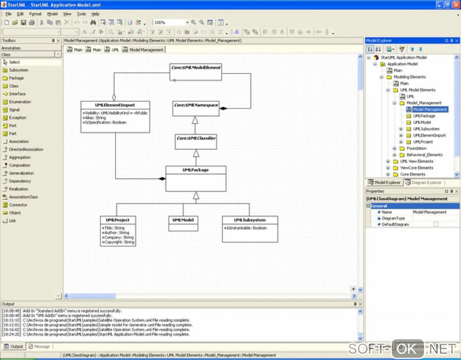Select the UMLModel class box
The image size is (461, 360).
tap(183, 220)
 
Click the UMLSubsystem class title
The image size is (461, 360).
tap(249, 220)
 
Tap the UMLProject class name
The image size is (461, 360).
tap(118, 220)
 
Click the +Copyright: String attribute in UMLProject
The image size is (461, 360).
tap(118, 242)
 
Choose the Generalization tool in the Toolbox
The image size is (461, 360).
tap(21, 173)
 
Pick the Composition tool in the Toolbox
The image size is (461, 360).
tap(20, 166)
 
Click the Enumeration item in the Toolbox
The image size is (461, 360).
tap(20, 102)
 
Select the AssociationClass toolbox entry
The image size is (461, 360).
tap(24, 197)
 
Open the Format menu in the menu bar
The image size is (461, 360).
tap(35, 14)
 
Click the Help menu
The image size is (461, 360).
tap(95, 14)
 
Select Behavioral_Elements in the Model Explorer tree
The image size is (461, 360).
tap(424, 155)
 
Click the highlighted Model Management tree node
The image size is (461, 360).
tap(430, 109)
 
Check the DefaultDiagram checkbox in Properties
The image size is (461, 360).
tap(436, 224)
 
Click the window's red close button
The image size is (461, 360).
tap(456, 4)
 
